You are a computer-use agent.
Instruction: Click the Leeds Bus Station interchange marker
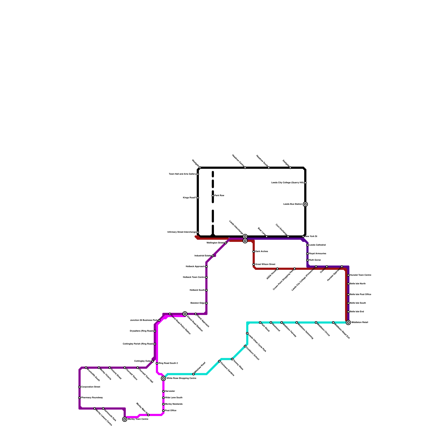(x=305, y=204)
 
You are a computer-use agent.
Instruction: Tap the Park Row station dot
(x=213, y=196)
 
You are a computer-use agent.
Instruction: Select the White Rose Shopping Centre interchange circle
(x=163, y=378)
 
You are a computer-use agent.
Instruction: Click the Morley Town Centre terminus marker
(x=125, y=419)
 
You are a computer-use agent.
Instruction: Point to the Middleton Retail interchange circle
(x=348, y=322)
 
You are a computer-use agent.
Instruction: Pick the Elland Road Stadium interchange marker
(x=185, y=314)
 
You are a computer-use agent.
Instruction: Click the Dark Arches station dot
(x=254, y=252)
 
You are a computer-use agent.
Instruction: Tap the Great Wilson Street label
(x=265, y=264)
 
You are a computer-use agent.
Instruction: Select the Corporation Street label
(x=91, y=387)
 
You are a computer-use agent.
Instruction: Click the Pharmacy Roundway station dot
(x=80, y=398)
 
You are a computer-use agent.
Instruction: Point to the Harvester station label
(x=170, y=391)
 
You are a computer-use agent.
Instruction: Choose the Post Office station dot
(x=163, y=411)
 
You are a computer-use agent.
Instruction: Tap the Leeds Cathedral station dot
(x=307, y=245)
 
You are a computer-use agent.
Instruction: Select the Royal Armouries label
(x=317, y=254)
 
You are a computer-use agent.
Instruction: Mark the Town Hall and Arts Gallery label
(x=182, y=174)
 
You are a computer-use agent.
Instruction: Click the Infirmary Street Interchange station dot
(x=198, y=232)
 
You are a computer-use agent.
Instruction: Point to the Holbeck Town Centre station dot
(x=206, y=277)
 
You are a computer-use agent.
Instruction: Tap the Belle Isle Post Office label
(x=360, y=295)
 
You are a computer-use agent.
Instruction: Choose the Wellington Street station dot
(x=226, y=243)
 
